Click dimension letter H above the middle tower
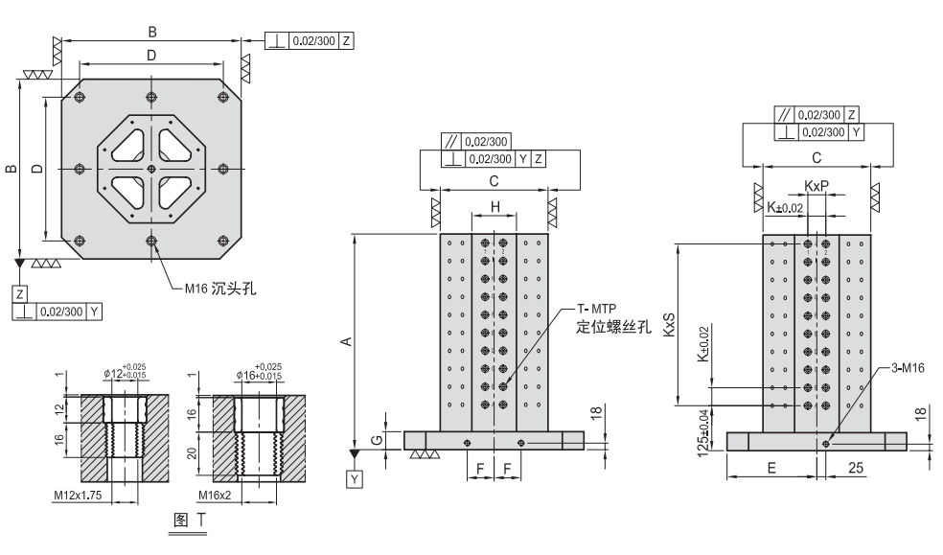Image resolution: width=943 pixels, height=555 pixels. pyautogui.click(x=494, y=206)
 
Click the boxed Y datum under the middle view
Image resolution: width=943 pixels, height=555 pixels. pyautogui.click(x=355, y=475)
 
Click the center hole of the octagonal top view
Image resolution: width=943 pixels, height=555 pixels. pyautogui.click(x=151, y=170)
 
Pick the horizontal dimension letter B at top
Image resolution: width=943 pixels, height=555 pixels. pyautogui.click(x=152, y=33)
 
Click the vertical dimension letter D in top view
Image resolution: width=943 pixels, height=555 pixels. pyautogui.click(x=36, y=170)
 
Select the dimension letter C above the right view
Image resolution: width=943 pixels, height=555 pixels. pyautogui.click(x=816, y=155)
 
